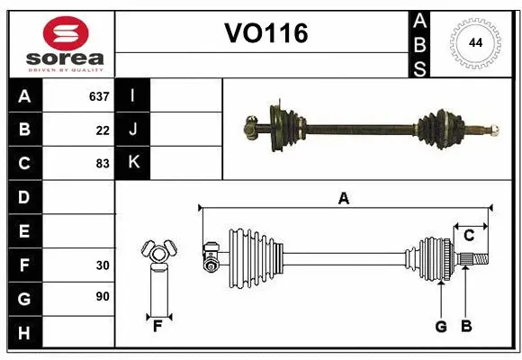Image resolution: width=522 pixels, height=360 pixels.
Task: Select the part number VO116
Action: tap(265, 34)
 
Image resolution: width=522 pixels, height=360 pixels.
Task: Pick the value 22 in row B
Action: tap(103, 130)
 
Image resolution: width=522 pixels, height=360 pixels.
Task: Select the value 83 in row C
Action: tap(103, 164)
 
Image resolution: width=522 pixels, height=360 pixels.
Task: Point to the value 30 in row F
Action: tap(103, 265)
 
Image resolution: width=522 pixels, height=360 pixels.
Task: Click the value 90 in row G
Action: tap(103, 296)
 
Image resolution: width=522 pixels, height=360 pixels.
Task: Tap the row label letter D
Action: tap(24, 197)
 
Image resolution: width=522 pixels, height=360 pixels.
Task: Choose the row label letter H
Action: tap(24, 334)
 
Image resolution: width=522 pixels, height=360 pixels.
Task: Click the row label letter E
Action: tap(24, 231)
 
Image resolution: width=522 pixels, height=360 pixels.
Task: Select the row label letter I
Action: tap(133, 96)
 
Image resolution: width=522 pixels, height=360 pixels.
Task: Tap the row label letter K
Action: tap(133, 163)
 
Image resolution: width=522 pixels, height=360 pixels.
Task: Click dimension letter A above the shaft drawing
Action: tap(343, 199)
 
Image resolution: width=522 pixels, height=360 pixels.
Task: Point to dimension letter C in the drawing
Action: tap(469, 236)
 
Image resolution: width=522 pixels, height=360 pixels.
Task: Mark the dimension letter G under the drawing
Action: tap(441, 327)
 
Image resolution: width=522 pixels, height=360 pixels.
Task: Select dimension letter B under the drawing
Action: tap(465, 327)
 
